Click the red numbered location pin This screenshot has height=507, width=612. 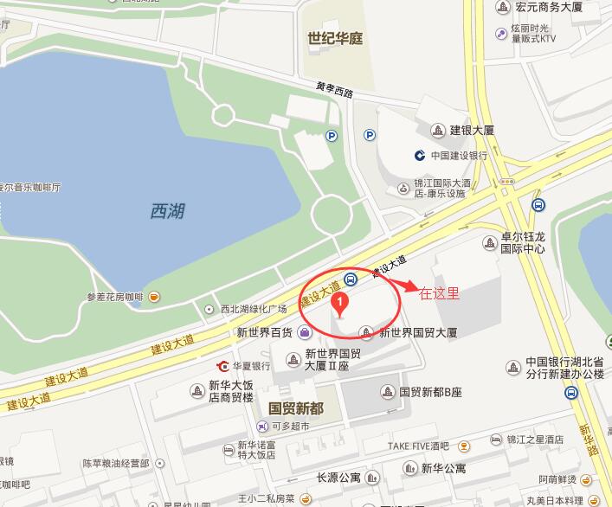341,302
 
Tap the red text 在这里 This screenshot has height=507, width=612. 439,293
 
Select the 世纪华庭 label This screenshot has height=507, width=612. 335,39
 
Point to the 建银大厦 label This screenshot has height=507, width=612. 472,130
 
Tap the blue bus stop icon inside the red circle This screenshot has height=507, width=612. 351,279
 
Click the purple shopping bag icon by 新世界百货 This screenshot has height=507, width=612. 304,332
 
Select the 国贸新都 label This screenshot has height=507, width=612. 296,408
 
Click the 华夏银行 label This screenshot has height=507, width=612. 251,366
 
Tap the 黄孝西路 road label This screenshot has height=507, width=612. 335,88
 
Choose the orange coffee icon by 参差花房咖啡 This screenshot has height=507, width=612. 153,297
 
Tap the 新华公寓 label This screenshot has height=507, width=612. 443,468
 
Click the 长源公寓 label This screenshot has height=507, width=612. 338,477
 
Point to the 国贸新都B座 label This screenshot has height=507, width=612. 430,392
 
